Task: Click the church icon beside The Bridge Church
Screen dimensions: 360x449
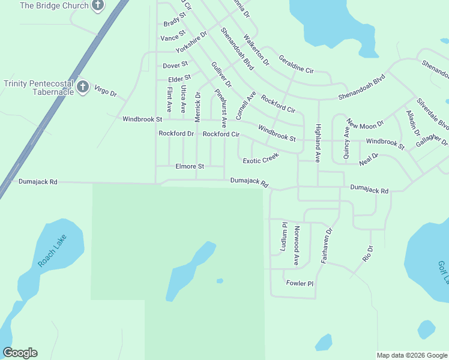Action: [98, 6]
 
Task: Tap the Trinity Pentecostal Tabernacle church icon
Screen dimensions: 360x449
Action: [83, 88]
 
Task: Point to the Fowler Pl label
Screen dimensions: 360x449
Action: [300, 283]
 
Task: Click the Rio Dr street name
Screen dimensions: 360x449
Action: [368, 253]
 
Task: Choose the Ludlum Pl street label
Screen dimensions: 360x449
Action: [284, 236]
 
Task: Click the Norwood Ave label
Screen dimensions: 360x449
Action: [296, 245]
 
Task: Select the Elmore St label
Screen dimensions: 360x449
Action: [190, 166]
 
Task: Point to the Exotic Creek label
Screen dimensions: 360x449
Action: [261, 159]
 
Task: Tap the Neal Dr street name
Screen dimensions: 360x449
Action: [369, 160]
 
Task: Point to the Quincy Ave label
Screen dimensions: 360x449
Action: [346, 142]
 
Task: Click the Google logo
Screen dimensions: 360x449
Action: [20, 353]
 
